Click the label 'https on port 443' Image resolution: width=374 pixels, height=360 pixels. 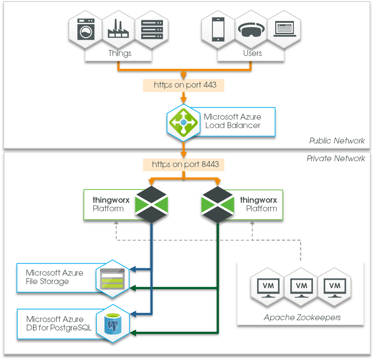click(185, 85)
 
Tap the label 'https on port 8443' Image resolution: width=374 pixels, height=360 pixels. click(185, 164)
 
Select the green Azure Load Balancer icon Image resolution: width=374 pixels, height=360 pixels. click(183, 122)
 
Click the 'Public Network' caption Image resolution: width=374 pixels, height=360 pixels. click(337, 141)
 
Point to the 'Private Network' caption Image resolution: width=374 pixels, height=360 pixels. click(335, 158)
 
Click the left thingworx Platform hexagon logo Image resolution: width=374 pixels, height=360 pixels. click(151, 205)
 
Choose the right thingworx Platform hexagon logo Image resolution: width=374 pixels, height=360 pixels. click(218, 205)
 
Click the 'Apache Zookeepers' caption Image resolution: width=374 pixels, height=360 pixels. click(302, 318)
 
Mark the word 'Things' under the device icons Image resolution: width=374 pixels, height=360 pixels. click(120, 53)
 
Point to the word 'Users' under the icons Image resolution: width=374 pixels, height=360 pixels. click(252, 53)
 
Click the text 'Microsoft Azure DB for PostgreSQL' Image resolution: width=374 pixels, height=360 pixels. click(59, 324)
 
